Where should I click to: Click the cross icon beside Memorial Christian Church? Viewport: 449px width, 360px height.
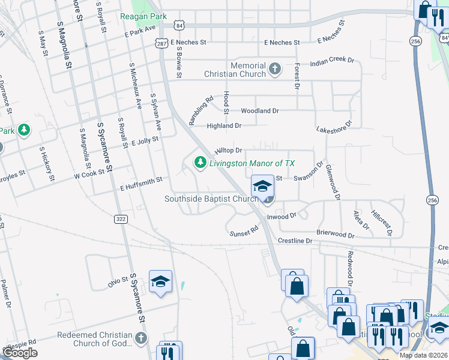[x=275, y=69]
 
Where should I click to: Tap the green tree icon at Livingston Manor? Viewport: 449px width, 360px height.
[x=199, y=163]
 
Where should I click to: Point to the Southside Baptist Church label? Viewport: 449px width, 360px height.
[x=211, y=199]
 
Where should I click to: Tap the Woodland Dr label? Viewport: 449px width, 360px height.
[x=260, y=111]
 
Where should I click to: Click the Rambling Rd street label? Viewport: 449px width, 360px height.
[x=201, y=111]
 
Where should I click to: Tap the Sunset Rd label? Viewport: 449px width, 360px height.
[x=245, y=229]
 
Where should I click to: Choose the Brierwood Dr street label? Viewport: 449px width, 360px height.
[x=336, y=233]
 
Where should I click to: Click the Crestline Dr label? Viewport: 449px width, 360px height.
[x=295, y=241]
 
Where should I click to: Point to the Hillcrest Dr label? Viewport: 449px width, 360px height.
[x=381, y=223]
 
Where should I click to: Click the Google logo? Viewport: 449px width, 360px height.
[x=20, y=353]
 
